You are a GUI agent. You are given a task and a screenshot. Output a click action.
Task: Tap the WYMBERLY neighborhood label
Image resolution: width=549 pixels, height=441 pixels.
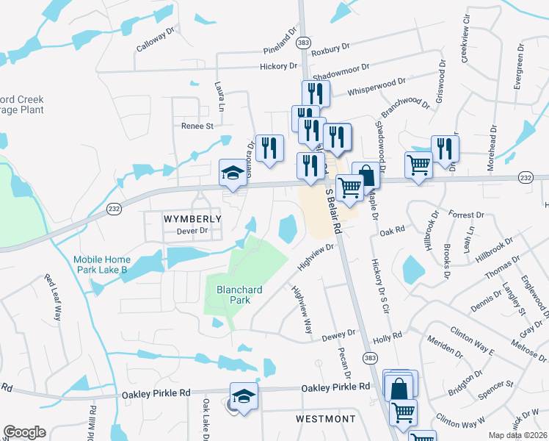(171, 219)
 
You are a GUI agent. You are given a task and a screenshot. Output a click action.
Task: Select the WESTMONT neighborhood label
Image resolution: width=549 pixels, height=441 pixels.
(325, 419)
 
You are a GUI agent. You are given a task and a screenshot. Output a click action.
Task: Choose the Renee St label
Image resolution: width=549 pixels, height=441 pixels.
(197, 126)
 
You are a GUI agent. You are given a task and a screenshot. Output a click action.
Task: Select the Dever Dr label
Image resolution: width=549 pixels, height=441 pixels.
(193, 231)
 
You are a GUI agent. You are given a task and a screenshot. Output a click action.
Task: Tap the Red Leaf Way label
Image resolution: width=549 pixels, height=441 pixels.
(54, 297)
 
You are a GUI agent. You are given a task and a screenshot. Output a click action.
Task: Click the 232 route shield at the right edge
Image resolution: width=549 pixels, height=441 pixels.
(525, 178)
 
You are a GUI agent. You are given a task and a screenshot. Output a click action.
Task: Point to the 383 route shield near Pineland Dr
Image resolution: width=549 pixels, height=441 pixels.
(302, 43)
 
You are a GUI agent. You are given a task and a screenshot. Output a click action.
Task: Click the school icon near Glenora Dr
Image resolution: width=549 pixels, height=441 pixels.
(233, 173)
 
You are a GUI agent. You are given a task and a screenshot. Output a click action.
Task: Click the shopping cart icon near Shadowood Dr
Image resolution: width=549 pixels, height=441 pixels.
(418, 165)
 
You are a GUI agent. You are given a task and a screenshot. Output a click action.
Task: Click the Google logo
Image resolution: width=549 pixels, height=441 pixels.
(24, 432)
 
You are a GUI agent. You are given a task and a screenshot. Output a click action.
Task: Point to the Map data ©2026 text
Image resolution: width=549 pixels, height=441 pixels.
(518, 435)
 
